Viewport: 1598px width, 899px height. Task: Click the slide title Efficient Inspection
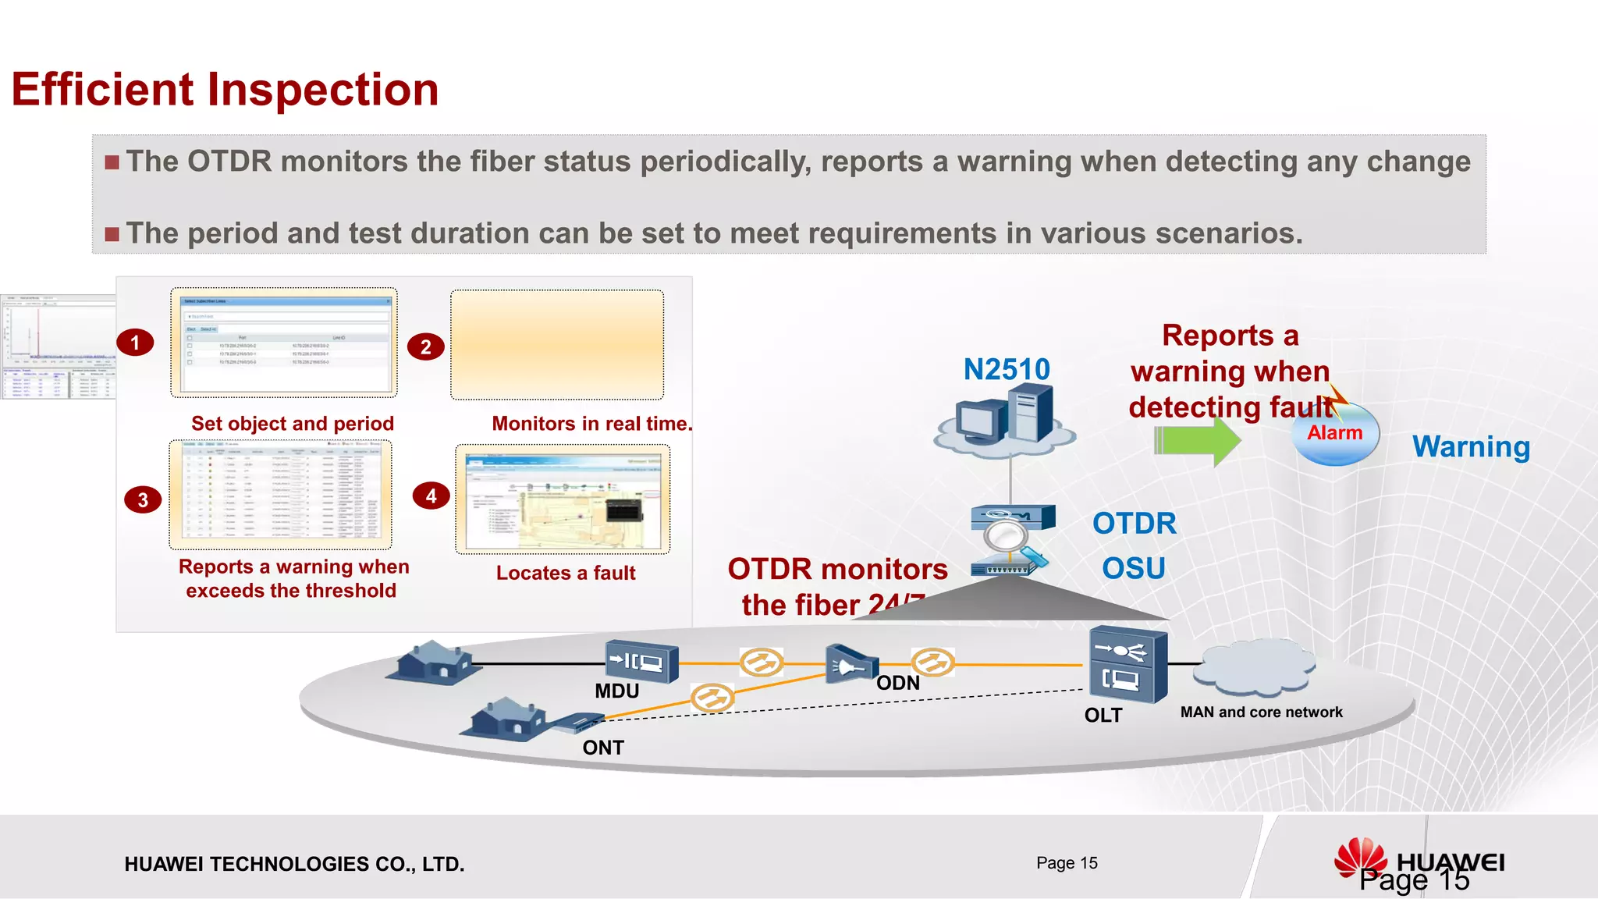click(225, 89)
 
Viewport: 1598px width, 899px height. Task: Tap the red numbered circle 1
click(135, 343)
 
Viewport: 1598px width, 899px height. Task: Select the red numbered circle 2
click(425, 346)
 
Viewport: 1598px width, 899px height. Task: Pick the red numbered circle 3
click(143, 499)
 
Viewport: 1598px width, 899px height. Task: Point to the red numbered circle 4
click(431, 496)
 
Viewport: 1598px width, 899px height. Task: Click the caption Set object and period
click(293, 424)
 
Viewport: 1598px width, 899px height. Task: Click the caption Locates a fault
click(566, 573)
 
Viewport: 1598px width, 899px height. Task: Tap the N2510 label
click(1007, 369)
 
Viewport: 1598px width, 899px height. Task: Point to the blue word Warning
click(1471, 446)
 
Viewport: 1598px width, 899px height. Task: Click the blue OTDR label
click(1134, 523)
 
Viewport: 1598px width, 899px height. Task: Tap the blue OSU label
click(1133, 568)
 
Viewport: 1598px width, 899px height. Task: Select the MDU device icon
click(641, 663)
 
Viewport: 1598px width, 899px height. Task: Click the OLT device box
click(1127, 665)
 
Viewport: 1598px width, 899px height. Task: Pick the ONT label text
click(603, 748)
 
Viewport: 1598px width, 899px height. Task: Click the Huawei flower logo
click(1360, 858)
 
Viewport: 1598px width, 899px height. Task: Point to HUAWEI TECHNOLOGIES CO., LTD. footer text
click(294, 864)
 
